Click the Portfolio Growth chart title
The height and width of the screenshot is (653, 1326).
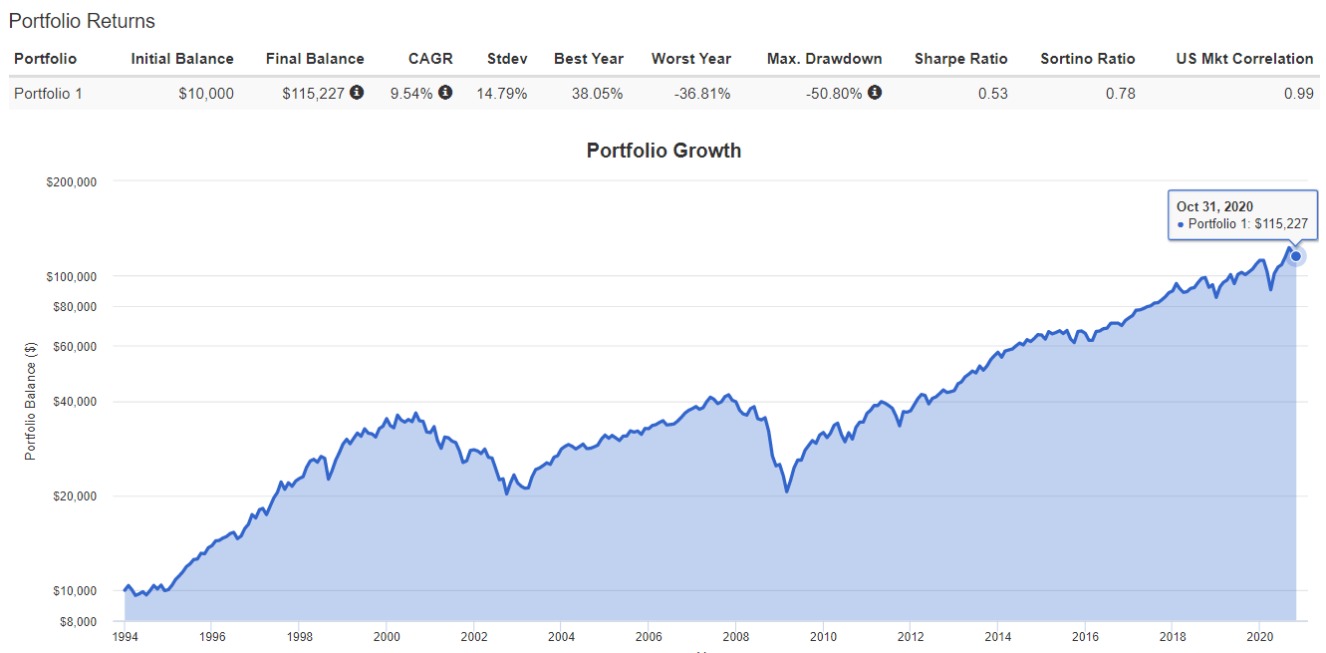pos(663,151)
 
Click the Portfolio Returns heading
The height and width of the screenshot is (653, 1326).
pos(82,21)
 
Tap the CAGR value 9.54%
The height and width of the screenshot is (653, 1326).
pos(411,94)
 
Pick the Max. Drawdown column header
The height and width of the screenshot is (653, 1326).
pos(824,59)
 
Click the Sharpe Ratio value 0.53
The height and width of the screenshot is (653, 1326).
pos(992,94)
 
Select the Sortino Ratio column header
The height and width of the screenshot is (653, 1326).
pos(1087,59)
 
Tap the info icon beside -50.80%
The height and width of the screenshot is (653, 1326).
pos(874,93)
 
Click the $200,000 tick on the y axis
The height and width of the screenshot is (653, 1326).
pos(73,181)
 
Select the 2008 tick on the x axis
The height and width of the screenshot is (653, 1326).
pos(735,636)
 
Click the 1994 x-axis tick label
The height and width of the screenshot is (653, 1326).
pos(125,636)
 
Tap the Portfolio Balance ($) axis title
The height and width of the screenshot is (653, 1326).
pos(31,401)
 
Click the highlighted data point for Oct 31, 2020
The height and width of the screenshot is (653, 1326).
pos(1296,256)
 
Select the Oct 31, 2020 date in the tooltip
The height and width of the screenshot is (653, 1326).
pos(1214,206)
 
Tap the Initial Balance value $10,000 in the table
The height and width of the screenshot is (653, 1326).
pos(206,94)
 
